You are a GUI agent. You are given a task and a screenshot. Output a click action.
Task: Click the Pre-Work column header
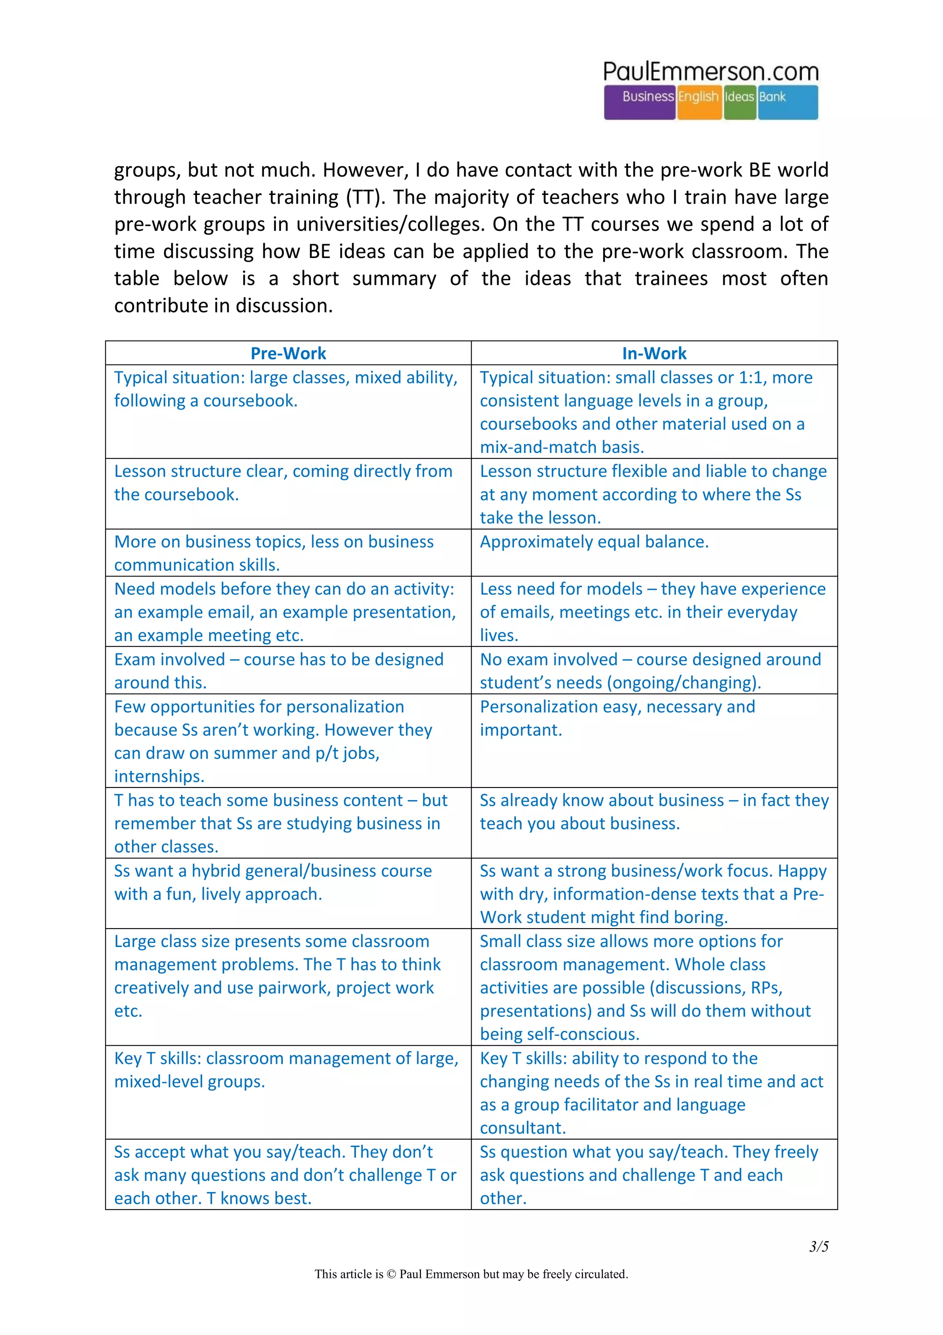coord(288,353)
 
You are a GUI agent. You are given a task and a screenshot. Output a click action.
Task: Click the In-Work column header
coord(654,353)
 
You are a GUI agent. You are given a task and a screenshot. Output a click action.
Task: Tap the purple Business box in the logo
coord(640,102)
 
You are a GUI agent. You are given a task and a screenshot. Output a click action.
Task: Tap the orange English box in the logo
coord(699,102)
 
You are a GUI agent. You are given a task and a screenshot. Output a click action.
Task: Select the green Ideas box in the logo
coord(739,102)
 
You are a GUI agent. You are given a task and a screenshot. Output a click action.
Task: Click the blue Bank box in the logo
coord(787,102)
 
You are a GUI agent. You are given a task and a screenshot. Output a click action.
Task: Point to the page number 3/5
coord(819,1246)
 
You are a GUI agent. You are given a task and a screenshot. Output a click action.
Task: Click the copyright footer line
coord(471,1274)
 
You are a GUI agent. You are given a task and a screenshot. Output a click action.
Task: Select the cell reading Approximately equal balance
coord(594,541)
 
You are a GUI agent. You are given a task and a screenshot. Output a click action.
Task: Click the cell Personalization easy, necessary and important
coord(617,717)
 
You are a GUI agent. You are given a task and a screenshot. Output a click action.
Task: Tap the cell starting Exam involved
coord(279,670)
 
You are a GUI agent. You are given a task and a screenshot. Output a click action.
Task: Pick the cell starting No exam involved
coord(650,670)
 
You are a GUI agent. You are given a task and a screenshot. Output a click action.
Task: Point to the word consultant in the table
coord(522,1128)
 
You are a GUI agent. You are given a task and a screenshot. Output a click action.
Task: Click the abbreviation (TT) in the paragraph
coord(366,197)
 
